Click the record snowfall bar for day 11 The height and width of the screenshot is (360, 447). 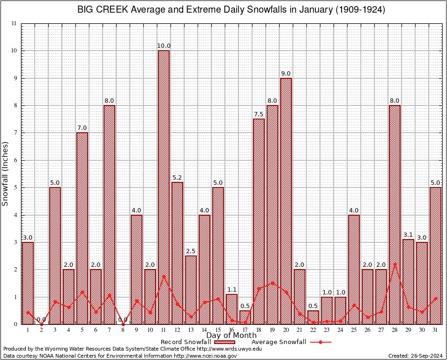tap(164, 187)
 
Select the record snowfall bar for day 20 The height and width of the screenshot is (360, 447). tap(286, 201)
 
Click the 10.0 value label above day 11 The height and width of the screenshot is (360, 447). tap(164, 46)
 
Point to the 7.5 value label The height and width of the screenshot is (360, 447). tap(259, 114)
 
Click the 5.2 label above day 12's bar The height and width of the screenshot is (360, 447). tap(177, 178)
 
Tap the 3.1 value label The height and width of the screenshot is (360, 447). tap(408, 235)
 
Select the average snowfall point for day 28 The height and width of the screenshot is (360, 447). tap(395, 264)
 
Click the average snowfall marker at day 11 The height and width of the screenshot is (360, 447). tap(164, 276)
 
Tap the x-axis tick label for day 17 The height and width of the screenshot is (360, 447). tap(245, 330)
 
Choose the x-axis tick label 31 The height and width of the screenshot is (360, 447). tap(435, 330)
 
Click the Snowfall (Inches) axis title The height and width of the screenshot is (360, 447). tap(6, 174)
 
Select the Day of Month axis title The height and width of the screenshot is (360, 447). tap(231, 336)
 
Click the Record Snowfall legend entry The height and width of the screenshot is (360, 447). tap(186, 342)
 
